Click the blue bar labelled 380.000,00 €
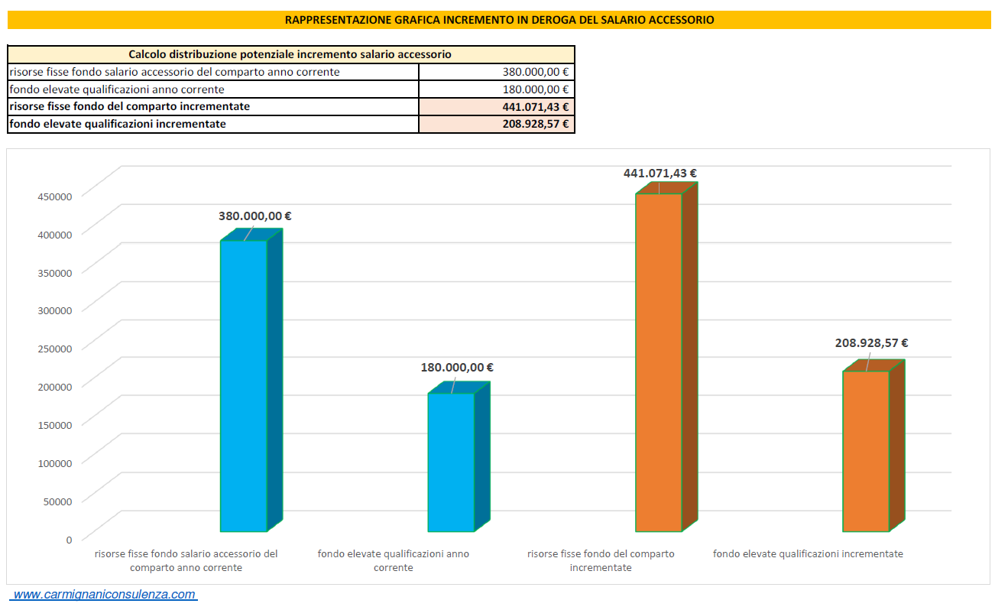pos(244,386)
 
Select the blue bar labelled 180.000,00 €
pos(451,462)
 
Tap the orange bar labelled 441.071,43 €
pos(658,363)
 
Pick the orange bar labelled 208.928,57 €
pos(866,451)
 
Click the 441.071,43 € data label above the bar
pos(660,174)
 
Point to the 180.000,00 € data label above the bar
pos(457,368)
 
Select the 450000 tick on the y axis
pos(54,196)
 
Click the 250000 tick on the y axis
pos(54,349)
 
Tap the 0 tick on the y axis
pos(69,539)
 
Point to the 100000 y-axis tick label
pos(54,462)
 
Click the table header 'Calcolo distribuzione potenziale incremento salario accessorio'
pos(290,54)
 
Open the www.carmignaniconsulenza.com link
pos(105,594)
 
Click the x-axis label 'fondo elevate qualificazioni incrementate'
pos(808,553)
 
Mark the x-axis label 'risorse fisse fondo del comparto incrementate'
pos(601,560)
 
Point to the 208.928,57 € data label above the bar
pos(871,343)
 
